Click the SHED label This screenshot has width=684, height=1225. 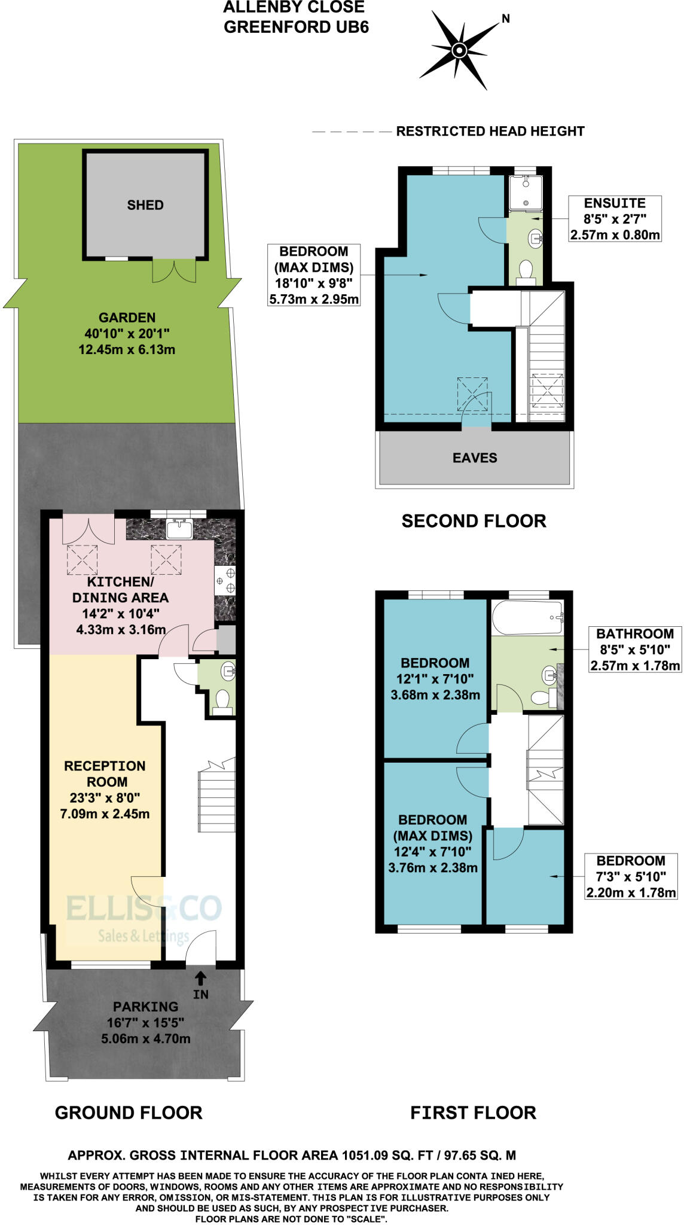(145, 205)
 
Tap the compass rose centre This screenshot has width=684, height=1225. (459, 50)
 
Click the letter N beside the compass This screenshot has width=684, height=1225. (506, 19)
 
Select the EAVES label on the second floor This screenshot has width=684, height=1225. (475, 458)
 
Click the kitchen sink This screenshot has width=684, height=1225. (179, 529)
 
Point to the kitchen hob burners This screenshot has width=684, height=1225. (225, 581)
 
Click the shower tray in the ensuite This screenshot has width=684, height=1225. (526, 193)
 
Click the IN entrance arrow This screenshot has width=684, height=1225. (201, 979)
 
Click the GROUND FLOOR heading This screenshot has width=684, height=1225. (129, 1113)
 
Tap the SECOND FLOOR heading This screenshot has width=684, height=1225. (474, 522)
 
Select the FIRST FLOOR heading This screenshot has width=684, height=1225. (474, 1113)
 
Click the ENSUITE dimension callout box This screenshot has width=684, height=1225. (615, 219)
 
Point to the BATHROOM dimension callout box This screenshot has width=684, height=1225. (635, 650)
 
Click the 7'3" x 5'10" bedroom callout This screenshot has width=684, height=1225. (631, 877)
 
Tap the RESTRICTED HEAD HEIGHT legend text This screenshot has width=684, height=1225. (490, 132)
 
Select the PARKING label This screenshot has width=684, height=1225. (146, 1007)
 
